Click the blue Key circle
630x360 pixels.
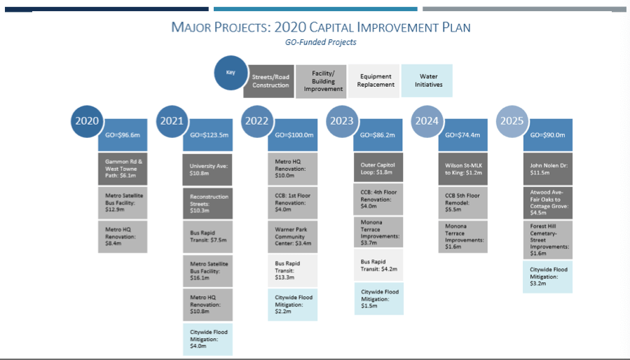pyautogui.click(x=231, y=73)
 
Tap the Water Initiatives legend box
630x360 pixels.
pyautogui.click(x=427, y=81)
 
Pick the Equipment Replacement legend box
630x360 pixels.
pyautogui.click(x=374, y=81)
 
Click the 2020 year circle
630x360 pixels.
pyautogui.click(x=87, y=121)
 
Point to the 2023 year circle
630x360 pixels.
pyautogui.click(x=342, y=121)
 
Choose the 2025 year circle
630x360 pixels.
pyautogui.click(x=512, y=121)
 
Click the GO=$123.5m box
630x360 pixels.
pyautogui.click(x=208, y=135)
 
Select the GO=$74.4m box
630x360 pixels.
pyautogui.click(x=463, y=135)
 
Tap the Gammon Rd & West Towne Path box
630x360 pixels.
pyautogui.click(x=123, y=169)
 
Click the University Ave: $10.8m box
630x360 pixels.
pyautogui.click(x=207, y=169)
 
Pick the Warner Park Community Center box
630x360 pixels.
pyautogui.click(x=292, y=236)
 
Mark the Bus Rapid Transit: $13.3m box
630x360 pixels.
pyautogui.click(x=292, y=270)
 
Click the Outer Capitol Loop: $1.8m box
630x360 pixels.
pyautogui.click(x=378, y=167)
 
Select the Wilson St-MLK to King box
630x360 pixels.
pyautogui.click(x=463, y=169)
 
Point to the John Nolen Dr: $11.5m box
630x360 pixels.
pyautogui.click(x=548, y=169)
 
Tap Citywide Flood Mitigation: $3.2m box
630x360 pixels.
pyautogui.click(x=547, y=277)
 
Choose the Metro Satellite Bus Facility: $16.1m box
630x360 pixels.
pyautogui.click(x=207, y=271)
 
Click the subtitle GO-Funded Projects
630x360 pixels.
pyautogui.click(x=321, y=42)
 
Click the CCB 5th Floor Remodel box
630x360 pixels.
pyautogui.click(x=463, y=202)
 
